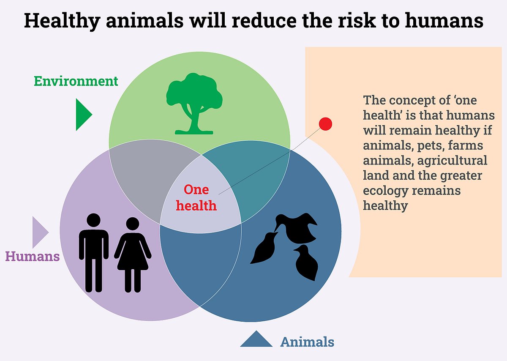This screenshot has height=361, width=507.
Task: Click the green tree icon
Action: click(194, 104)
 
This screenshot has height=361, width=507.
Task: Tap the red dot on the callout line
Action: click(325, 124)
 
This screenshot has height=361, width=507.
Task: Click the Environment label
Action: click(76, 81)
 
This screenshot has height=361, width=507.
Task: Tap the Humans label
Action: click(33, 256)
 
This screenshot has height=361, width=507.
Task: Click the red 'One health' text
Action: click(196, 197)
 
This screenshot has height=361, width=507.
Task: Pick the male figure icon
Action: click(94, 252)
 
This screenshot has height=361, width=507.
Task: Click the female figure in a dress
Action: click(133, 255)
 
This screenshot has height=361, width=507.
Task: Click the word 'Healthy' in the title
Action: click(62, 21)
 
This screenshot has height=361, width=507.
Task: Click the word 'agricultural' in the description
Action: click(452, 161)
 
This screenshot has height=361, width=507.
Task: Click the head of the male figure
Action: click(93, 220)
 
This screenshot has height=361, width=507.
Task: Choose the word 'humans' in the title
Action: click(444, 20)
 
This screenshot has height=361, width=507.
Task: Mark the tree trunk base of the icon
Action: click(194, 132)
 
